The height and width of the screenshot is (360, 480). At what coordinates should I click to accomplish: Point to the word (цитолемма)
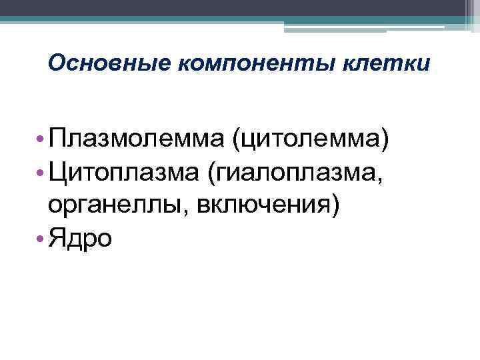pos(310,141)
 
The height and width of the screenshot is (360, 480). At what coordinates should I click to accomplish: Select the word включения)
pos(263,206)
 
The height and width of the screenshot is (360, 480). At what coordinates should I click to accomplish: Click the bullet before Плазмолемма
pos(41,140)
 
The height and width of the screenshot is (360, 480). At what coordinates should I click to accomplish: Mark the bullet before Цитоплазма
pos(41,173)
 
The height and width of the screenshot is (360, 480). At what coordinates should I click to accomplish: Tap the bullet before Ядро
pos(41,239)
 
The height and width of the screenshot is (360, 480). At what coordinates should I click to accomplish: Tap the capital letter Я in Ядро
pos(56,238)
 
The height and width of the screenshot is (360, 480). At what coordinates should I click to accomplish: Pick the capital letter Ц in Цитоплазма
pos(56,173)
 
